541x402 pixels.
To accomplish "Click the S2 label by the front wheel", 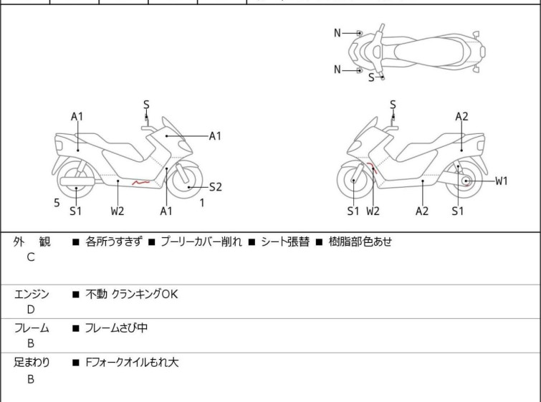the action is (216, 187).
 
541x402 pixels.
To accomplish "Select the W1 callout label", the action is (502, 181).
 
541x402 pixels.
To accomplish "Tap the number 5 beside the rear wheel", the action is (57, 203).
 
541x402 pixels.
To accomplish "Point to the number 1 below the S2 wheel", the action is (202, 203).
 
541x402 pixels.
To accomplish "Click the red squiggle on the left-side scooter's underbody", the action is (140, 182).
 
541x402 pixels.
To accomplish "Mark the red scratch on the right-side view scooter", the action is (373, 167).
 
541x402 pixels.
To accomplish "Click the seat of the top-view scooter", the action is (428, 52).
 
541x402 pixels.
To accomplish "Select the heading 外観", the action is (32, 241).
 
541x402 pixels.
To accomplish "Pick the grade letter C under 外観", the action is (31, 257).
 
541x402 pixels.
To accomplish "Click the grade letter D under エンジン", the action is (31, 310).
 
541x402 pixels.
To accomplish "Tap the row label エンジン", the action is (32, 294).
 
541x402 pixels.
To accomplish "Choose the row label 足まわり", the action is (32, 363).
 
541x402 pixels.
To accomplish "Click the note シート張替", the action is (285, 241).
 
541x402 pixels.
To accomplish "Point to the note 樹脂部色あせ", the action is (360, 241).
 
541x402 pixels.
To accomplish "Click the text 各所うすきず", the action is (114, 241).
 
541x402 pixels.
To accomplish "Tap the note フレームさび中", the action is (116, 327).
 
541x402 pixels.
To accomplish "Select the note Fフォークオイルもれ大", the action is (132, 363).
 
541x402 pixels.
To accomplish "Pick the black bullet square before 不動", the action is (76, 295).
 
